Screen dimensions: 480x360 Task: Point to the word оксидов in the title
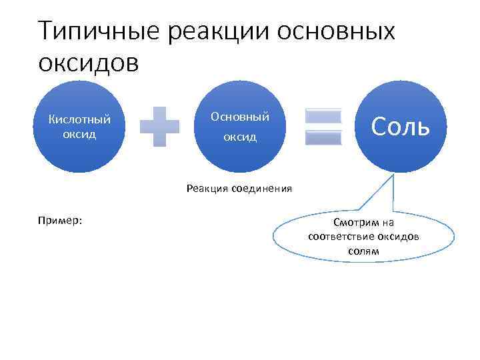coord(89,64)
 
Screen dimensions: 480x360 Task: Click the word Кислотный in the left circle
coord(80,120)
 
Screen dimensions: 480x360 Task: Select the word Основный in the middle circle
coord(240,117)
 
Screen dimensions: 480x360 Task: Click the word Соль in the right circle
coord(400,125)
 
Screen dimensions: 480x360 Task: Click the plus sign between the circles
coord(160,127)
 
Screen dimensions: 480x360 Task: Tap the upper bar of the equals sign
coord(323,116)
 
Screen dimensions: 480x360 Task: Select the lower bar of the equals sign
coord(323,137)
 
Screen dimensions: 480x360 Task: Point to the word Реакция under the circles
coord(207,189)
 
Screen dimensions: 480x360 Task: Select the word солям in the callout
coord(363,251)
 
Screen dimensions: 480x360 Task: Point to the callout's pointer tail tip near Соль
coord(395,175)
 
